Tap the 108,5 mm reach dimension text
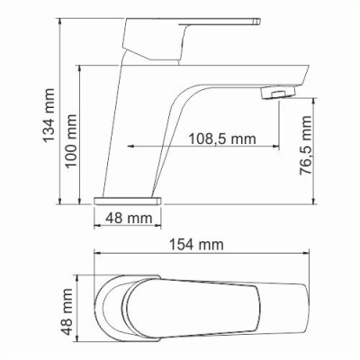[222, 138]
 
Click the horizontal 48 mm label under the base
[129, 217]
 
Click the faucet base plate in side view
[129, 196]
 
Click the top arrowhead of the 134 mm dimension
[61, 19]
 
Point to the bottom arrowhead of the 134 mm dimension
[61, 198]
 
